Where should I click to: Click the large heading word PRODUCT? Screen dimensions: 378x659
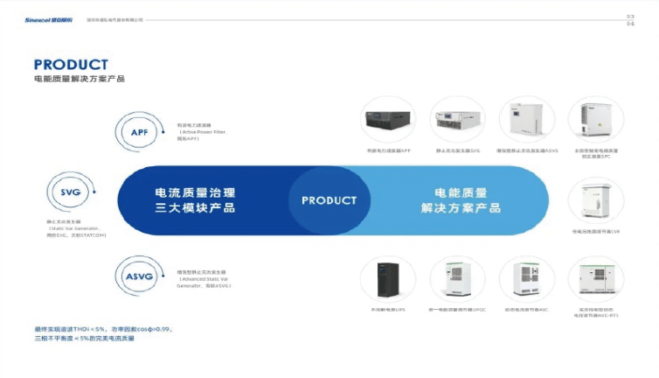[x=71, y=65]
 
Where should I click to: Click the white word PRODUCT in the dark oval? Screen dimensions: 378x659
[x=329, y=200]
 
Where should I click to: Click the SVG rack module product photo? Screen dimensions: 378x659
[x=457, y=122]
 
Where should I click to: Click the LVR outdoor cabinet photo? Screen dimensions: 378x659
[x=595, y=200]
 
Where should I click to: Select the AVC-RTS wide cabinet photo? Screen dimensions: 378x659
[x=595, y=280]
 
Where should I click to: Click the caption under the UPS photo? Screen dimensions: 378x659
[x=387, y=310]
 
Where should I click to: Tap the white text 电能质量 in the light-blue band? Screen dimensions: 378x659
[x=460, y=192]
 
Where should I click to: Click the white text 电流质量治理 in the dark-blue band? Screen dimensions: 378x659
[x=195, y=192]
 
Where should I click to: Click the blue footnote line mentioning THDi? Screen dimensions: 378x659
[x=102, y=329]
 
